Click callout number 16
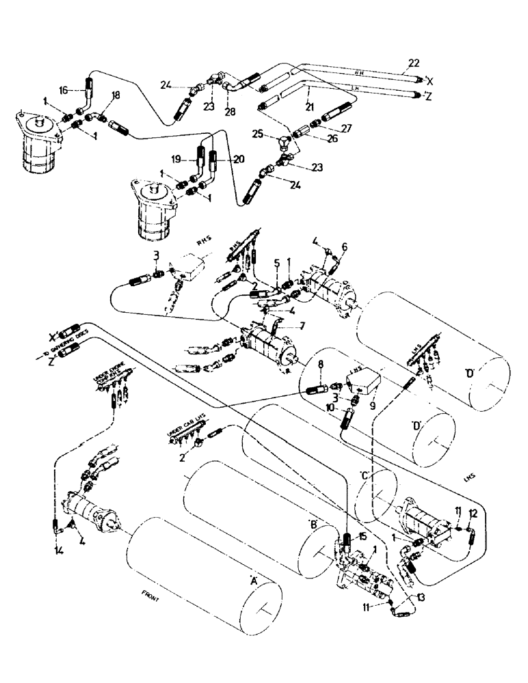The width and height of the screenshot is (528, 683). [63, 89]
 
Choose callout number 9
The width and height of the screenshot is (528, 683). [373, 404]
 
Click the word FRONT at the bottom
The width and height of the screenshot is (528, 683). [147, 599]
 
